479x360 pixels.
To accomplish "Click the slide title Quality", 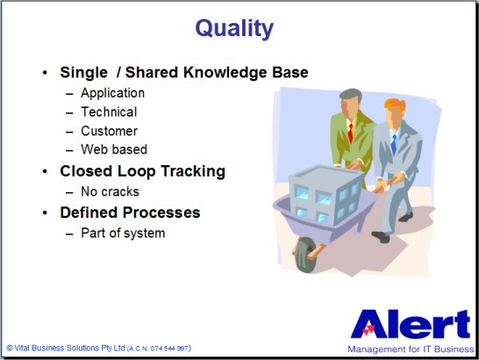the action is (x=234, y=28).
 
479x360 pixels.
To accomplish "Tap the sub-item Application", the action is (x=112, y=93).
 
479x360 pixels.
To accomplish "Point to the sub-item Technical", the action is (x=109, y=112).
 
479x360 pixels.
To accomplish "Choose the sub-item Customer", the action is (x=109, y=131).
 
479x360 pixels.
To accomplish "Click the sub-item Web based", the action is (x=114, y=149).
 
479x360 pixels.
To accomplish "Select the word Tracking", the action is (x=193, y=171).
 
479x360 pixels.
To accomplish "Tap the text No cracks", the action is (x=110, y=191).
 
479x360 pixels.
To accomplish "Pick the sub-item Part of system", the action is (x=123, y=234).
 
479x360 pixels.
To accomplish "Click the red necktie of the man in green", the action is (x=351, y=133).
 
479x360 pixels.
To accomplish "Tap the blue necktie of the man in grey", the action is (x=394, y=144).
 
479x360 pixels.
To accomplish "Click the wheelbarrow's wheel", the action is (x=304, y=256).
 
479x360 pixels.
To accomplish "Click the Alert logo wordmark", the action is (x=411, y=324).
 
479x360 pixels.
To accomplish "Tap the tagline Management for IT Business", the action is (x=411, y=349).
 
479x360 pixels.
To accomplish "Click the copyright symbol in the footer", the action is (x=10, y=348).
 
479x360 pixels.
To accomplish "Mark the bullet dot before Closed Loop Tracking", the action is (x=45, y=171).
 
